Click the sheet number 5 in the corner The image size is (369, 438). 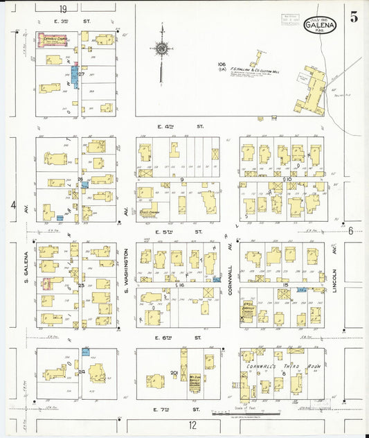354,18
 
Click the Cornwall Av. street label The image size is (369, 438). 229,278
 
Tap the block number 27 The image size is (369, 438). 81,74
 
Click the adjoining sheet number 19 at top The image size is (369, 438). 63,8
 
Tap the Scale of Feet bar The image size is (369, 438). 240,412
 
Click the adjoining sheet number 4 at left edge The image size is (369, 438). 13,204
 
